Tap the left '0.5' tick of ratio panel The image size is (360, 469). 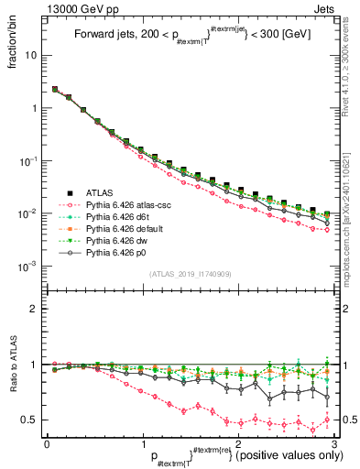pos(29,420)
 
